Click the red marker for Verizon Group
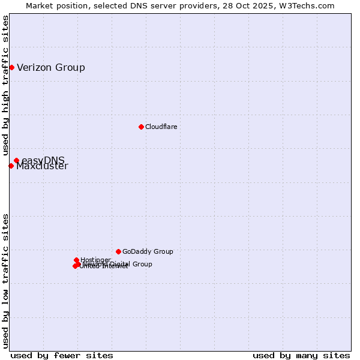(11, 67)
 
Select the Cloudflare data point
(141, 127)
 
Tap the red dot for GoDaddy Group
(118, 251)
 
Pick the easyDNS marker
(16, 160)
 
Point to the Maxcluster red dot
(11, 166)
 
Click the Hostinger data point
(76, 260)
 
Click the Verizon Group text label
(51, 67)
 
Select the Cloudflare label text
(161, 127)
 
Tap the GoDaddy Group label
(148, 251)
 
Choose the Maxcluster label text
(42, 166)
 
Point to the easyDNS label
(43, 160)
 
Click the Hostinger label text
(95, 260)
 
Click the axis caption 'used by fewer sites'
(62, 355)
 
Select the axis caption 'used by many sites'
(301, 355)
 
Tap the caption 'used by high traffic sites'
(5, 86)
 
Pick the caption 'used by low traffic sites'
(5, 281)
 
